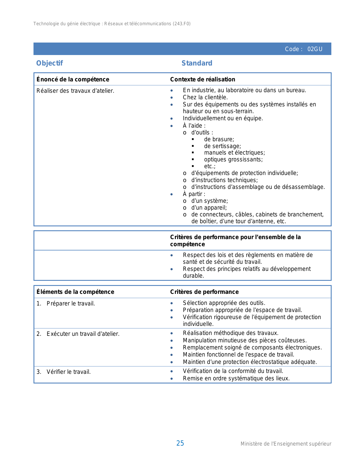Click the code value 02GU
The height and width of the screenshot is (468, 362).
coord(315,49)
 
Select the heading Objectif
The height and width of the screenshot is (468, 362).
coord(49,63)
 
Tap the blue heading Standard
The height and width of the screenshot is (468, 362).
coord(197,63)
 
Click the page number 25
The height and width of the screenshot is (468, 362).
coord(180,443)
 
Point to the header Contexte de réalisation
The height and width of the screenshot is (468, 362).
coord(202,79)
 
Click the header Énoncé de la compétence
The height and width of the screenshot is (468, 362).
coord(73,79)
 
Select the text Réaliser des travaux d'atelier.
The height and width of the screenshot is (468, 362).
coord(75,91)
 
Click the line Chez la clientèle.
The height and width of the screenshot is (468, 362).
coord(205,97)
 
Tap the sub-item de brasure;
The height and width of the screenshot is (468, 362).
coord(219,139)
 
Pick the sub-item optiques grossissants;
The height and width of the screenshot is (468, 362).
coord(233,159)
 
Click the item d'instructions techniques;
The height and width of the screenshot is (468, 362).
coord(224,180)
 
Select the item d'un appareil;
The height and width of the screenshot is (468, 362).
coord(209,208)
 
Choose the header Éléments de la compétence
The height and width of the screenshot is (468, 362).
coord(75,292)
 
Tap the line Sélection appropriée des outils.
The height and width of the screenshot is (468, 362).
coord(224,303)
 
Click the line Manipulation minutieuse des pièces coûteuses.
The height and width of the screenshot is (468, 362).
coord(244,340)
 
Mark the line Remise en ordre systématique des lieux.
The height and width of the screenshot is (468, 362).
coord(236,378)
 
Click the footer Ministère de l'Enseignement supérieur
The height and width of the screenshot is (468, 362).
coord(286,444)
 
